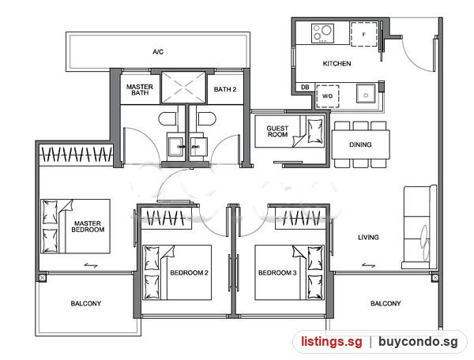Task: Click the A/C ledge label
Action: click(158, 52)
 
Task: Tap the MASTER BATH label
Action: click(140, 90)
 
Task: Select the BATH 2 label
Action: click(225, 89)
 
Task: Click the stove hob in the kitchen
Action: click(322, 33)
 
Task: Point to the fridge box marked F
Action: click(364, 35)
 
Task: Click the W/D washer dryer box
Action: click(327, 96)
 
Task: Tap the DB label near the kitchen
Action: click(305, 87)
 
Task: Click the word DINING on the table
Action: click(360, 144)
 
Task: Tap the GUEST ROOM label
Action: click(277, 131)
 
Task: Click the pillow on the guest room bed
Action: click(315, 131)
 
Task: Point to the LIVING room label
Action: click(368, 238)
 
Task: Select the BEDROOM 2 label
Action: click(190, 272)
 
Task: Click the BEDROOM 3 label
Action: click(277, 272)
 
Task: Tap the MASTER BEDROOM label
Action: click(88, 227)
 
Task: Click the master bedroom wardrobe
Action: click(76, 155)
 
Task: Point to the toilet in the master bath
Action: click(167, 118)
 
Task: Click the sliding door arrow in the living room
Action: click(368, 265)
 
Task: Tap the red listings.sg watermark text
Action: click(331, 342)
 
